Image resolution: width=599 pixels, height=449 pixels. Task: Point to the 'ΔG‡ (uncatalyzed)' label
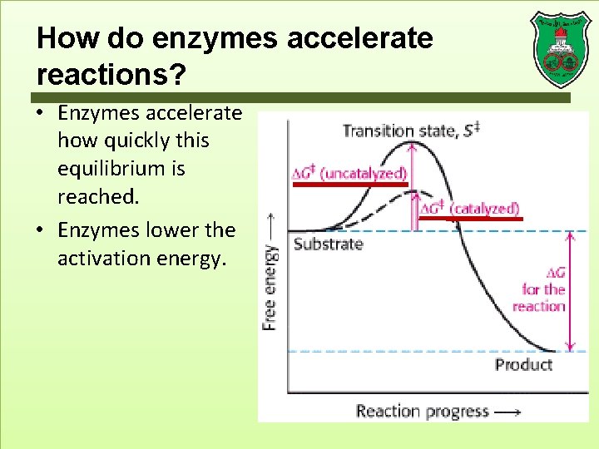tap(349, 173)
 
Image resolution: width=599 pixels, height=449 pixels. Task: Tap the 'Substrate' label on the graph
tap(328, 244)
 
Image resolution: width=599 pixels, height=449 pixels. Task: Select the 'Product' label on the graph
tap(523, 364)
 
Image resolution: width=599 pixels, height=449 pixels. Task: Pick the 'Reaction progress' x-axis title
tap(423, 411)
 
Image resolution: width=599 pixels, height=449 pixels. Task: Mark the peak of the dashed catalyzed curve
tap(413, 192)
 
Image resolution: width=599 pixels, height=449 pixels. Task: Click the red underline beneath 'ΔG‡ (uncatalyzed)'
tap(349, 184)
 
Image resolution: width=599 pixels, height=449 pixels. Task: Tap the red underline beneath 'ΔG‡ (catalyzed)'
tap(470, 219)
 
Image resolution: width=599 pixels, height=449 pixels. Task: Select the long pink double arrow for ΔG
tap(570, 291)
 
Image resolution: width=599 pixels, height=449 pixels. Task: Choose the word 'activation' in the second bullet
tap(100, 259)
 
